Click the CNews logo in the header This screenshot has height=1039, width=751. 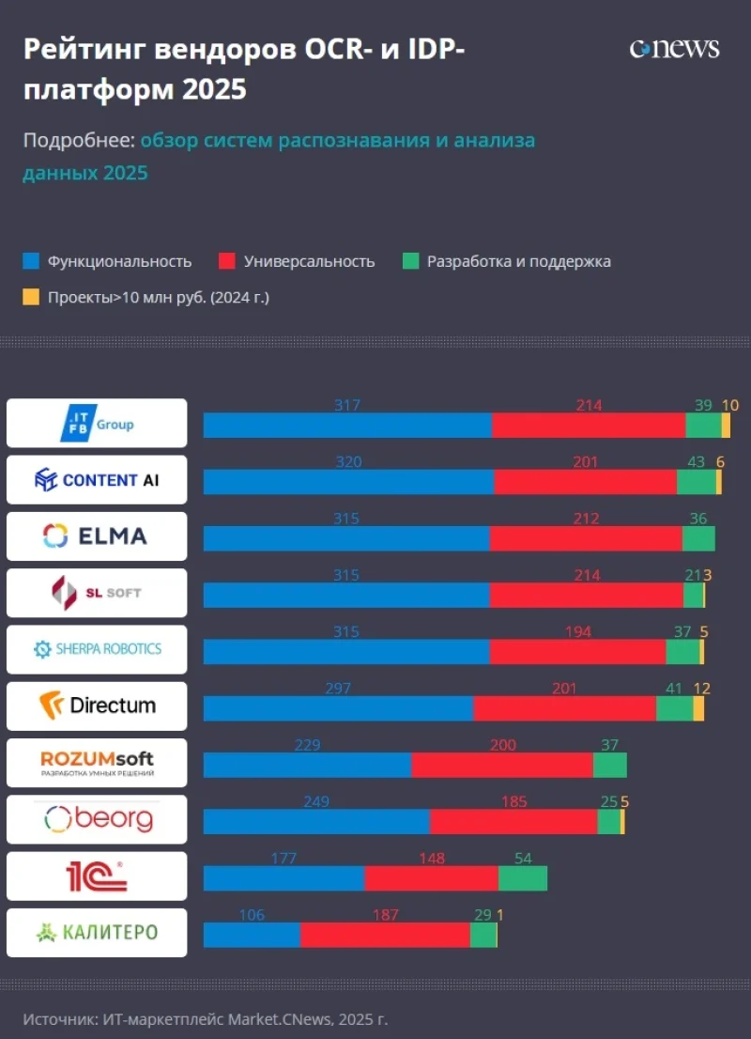674,49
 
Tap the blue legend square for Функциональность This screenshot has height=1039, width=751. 31,261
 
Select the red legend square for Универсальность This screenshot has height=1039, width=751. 226,261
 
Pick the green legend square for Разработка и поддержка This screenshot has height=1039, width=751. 409,261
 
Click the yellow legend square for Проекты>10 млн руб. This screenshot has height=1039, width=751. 31,297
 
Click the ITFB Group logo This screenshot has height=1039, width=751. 97,423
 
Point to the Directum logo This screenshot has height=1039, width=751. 97,706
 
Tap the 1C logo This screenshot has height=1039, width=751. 97,876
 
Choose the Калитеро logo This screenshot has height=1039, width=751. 97,932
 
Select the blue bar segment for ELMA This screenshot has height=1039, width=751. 346,538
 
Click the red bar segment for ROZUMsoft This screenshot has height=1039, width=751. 502,765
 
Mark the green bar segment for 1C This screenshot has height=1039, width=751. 523,878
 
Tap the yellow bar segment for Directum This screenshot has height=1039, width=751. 698,708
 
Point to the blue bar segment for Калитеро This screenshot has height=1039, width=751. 252,935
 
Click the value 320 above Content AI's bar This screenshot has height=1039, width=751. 347,462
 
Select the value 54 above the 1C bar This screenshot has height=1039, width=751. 523,859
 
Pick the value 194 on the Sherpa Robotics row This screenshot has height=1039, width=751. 578,632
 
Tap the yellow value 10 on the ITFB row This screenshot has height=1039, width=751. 730,406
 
